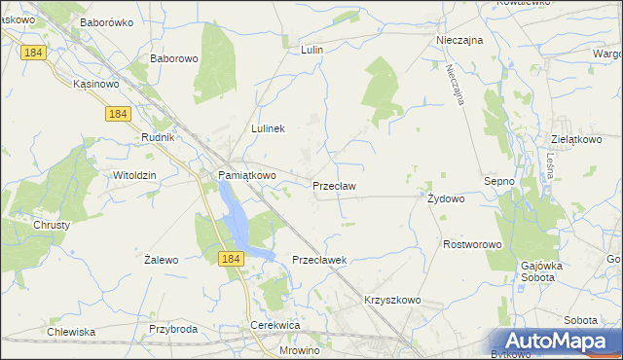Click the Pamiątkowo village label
[x=246, y=175]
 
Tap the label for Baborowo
[x=174, y=58]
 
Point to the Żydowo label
[x=447, y=198]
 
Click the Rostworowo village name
[x=471, y=244]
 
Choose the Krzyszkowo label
[x=392, y=300]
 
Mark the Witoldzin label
[x=135, y=174]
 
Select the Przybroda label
[x=173, y=329]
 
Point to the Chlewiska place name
[x=71, y=332]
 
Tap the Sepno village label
[x=500, y=181]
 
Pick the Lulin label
[x=311, y=49]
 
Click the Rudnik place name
[x=157, y=137]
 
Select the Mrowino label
[x=299, y=350]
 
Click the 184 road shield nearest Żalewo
[x=230, y=258]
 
